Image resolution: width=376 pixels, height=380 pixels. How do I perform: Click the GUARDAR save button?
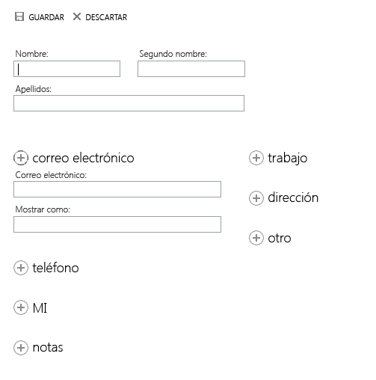tap(40, 17)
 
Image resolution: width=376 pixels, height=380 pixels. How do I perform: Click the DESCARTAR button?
tap(100, 17)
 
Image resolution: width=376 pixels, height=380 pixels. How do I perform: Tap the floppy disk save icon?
tap(19, 16)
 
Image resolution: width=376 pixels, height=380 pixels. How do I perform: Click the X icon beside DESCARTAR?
tap(77, 16)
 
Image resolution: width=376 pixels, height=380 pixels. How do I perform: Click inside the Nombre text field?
tap(67, 69)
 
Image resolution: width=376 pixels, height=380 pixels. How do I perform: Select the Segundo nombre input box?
tap(191, 69)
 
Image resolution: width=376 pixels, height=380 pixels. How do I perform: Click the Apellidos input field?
tap(129, 103)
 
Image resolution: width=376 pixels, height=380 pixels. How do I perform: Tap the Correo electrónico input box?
tap(117, 189)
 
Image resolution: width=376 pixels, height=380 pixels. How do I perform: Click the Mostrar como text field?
tap(117, 224)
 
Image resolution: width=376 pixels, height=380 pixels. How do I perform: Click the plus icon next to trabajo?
tap(256, 158)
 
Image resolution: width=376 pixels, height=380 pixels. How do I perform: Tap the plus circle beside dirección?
tap(256, 198)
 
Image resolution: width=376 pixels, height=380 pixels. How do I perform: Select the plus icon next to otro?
tap(256, 238)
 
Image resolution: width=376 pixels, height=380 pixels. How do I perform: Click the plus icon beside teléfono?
tap(21, 268)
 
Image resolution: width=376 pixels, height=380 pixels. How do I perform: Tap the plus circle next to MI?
tap(21, 307)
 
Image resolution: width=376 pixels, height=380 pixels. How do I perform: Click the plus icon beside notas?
tap(21, 348)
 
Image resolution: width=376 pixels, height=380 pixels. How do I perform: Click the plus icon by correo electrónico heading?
tap(21, 158)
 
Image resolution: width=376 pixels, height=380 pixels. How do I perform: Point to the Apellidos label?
tap(34, 89)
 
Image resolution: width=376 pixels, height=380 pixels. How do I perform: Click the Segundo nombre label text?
tap(173, 54)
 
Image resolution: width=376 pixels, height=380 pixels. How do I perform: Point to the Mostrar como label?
tap(43, 209)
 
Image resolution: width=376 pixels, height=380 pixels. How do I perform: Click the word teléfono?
tap(55, 268)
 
